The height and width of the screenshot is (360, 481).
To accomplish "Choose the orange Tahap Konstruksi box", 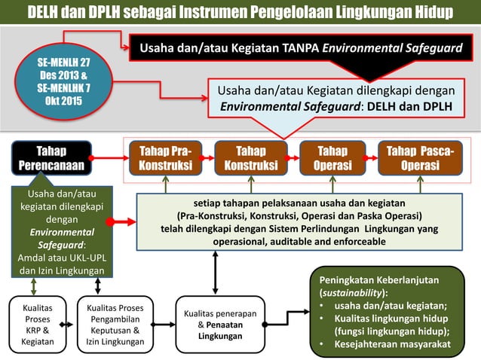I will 250,158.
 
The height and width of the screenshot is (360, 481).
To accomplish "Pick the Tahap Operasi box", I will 332,158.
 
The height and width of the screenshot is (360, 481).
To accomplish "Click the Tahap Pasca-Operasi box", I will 420,158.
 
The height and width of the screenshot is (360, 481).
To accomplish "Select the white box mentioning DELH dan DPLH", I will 336,99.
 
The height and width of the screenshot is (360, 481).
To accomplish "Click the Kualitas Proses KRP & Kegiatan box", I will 37,324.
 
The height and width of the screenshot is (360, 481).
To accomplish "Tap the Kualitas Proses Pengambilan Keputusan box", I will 115,324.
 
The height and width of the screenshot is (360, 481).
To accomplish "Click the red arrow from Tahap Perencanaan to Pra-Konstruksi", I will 109,158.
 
